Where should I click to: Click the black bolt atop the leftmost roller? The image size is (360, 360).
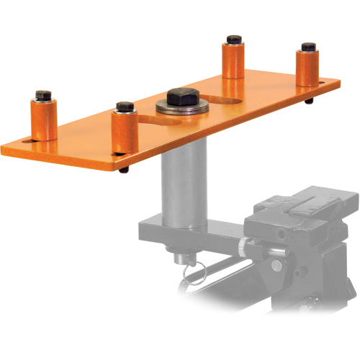pos(42,95)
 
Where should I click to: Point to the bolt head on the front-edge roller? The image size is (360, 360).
pos(125,107)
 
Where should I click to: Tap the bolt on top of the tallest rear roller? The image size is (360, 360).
pos(233,40)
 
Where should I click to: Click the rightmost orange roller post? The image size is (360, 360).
pos(308,67)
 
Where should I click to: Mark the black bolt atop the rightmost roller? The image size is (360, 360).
pos(308,48)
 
